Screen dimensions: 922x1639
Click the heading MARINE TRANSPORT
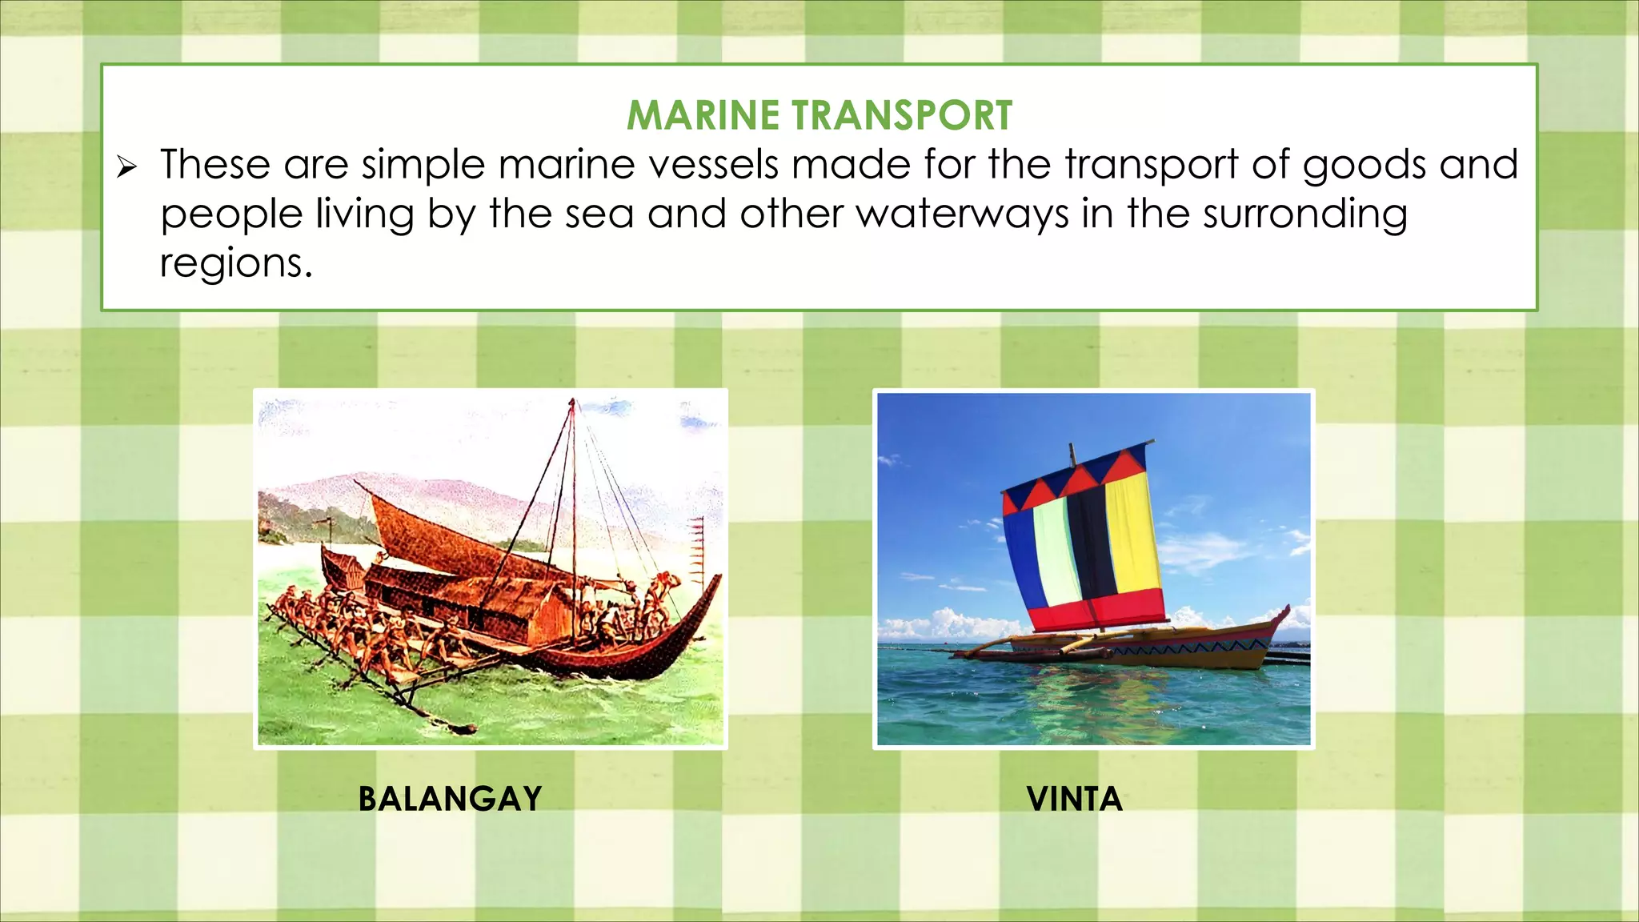(x=819, y=115)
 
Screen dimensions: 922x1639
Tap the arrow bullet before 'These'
(x=126, y=168)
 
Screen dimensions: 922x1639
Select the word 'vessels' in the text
(x=712, y=165)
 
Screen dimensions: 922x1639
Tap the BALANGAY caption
(x=450, y=799)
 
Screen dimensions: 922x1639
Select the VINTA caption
(x=1074, y=799)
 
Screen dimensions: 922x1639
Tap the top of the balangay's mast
(x=572, y=401)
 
